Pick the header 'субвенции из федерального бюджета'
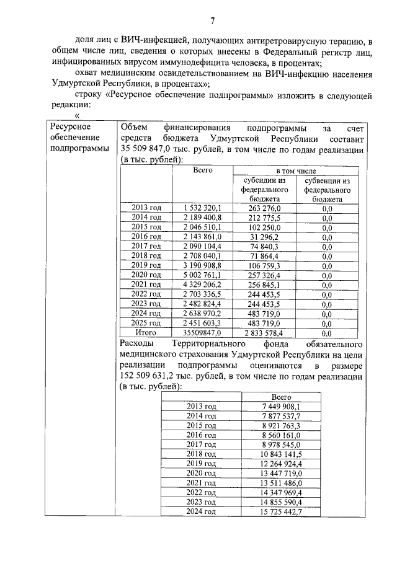coord(327,190)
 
